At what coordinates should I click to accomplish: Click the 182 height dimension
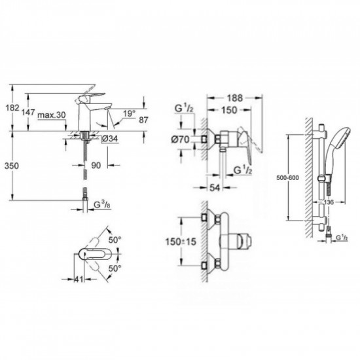11,108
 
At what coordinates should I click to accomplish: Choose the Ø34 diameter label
109,139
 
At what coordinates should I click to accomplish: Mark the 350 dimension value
11,167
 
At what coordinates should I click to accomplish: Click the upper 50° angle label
117,241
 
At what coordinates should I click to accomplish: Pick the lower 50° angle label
117,269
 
